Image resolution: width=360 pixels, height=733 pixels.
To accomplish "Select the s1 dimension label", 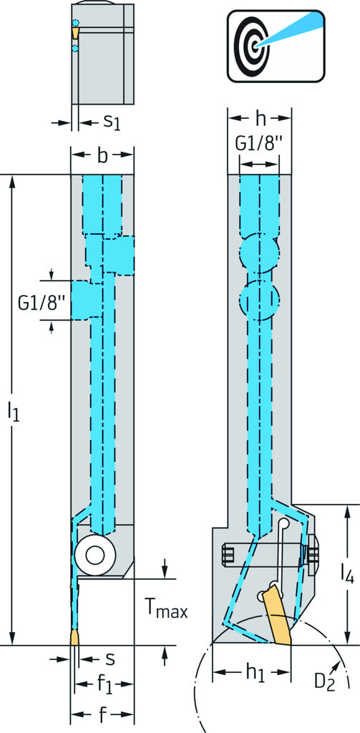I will tap(112, 122).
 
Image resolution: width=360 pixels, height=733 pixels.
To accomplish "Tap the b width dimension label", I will tap(102, 155).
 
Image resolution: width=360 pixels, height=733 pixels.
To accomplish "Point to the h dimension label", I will tap(259, 119).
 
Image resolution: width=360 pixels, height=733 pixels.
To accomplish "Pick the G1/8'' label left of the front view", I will tap(42, 302).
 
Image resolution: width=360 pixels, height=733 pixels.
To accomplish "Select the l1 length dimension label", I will tap(14, 410).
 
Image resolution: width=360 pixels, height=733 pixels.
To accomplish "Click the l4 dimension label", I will tap(347, 573).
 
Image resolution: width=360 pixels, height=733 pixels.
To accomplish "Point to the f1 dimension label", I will tap(104, 684).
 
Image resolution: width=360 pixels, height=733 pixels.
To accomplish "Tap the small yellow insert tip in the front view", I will tap(75, 636).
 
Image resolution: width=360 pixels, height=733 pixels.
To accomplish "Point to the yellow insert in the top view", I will tap(75, 32).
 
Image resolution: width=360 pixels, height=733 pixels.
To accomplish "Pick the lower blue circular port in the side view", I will tap(258, 300).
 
